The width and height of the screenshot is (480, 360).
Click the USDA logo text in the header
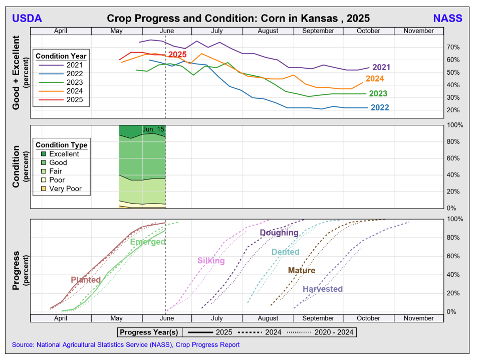(x=27, y=19)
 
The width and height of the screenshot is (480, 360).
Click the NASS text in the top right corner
(x=447, y=19)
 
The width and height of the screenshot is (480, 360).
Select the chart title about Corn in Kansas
(x=238, y=19)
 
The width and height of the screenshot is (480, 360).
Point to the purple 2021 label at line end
(x=381, y=67)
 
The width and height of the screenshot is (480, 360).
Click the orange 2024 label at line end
(x=375, y=79)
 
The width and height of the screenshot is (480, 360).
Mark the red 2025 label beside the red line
(x=177, y=55)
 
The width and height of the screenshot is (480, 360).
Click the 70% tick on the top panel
(x=453, y=47)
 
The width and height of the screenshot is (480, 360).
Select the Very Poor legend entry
(x=65, y=189)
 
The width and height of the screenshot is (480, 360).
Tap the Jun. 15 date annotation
(x=153, y=129)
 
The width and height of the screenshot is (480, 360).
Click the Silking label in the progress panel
(x=211, y=261)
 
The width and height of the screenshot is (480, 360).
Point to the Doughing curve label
(x=279, y=233)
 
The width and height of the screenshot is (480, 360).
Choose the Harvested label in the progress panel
(x=323, y=289)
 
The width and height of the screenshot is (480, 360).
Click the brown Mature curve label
(x=302, y=271)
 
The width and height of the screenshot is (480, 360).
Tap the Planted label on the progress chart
(x=86, y=280)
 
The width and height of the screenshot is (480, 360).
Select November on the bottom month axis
(x=418, y=318)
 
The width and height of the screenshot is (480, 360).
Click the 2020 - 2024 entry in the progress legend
(x=334, y=332)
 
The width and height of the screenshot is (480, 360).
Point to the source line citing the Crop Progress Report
(x=126, y=345)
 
